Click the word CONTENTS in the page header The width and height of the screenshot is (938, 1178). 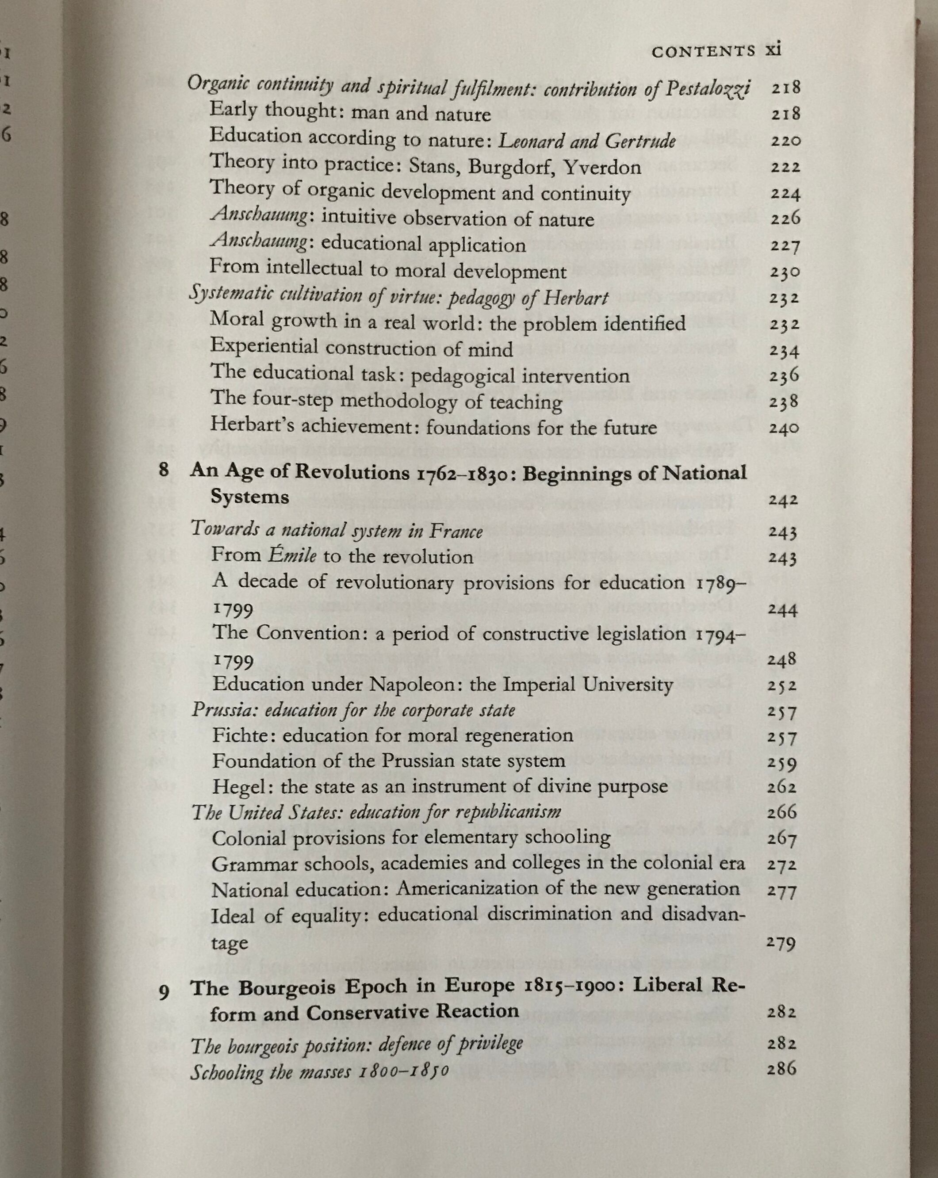(x=704, y=52)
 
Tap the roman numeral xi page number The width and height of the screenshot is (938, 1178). (x=773, y=50)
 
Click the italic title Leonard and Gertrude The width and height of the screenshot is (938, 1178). (x=587, y=142)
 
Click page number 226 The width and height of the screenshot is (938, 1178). (x=785, y=219)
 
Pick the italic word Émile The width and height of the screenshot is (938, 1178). (x=292, y=557)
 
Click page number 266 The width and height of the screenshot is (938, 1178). (x=782, y=812)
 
